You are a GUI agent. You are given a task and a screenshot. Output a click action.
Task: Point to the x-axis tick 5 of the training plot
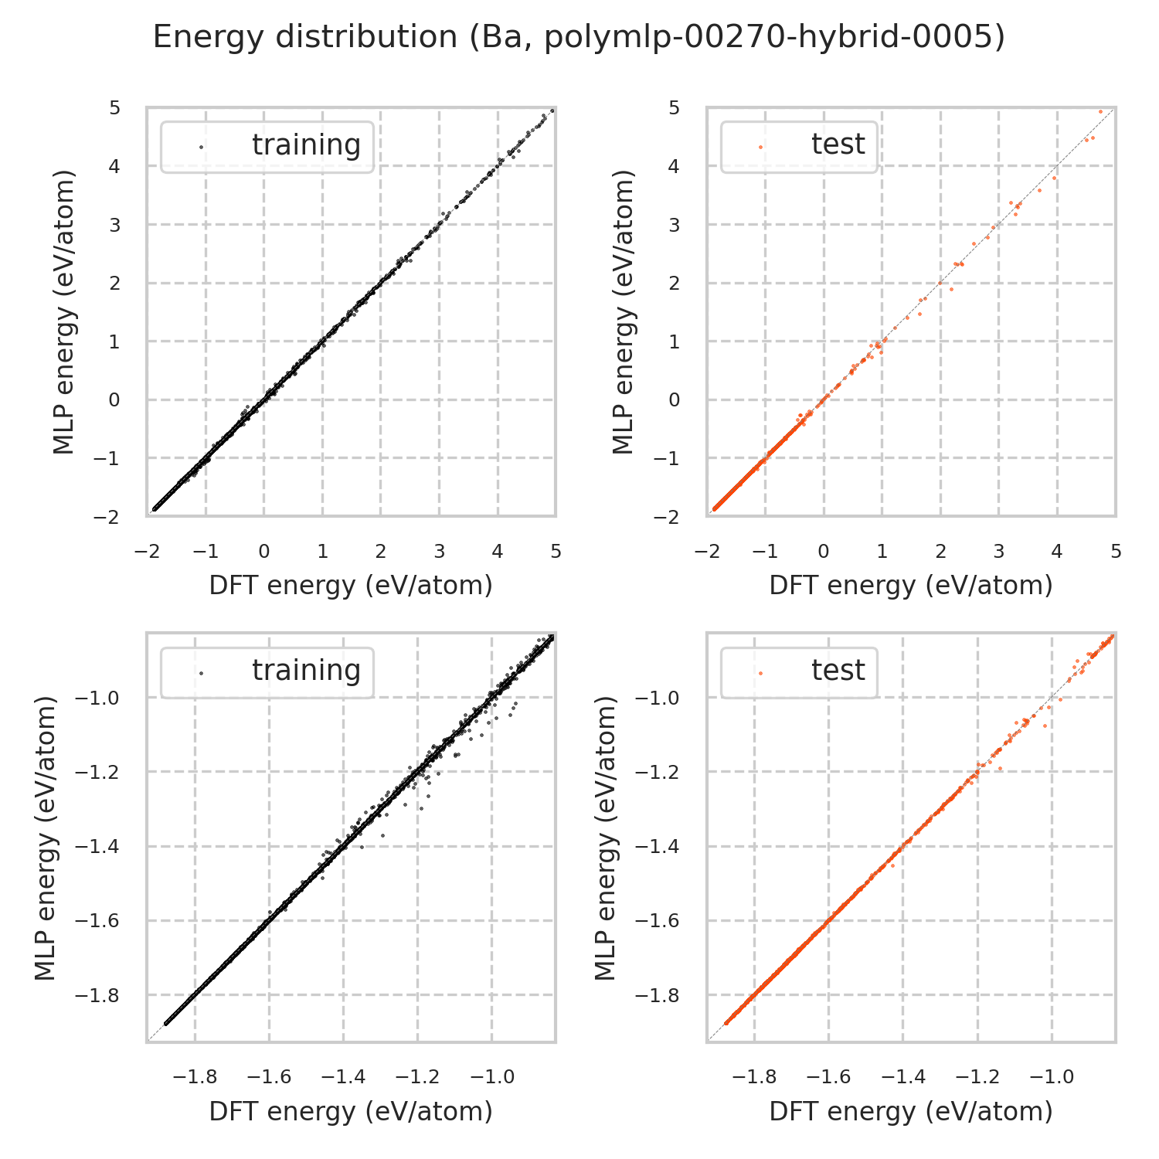(556, 552)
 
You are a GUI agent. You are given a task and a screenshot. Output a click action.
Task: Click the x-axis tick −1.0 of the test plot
(1052, 1077)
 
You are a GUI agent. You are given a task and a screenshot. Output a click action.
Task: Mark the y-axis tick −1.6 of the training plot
(97, 920)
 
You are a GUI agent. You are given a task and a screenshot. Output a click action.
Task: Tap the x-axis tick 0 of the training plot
(264, 552)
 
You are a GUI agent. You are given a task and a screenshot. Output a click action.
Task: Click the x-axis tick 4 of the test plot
(1057, 552)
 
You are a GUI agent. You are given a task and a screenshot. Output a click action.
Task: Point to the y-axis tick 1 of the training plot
(114, 342)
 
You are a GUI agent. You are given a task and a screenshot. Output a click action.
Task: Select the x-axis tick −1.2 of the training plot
(418, 1077)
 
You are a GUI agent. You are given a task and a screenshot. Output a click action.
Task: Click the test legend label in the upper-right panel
(838, 144)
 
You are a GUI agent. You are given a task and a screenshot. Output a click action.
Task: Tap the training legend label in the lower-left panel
(306, 671)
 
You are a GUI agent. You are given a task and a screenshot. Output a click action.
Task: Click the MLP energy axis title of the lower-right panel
(607, 838)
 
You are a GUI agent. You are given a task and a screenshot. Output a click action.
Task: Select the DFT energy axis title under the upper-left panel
(351, 586)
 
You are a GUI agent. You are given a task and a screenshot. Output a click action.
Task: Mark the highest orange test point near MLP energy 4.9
(1100, 111)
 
